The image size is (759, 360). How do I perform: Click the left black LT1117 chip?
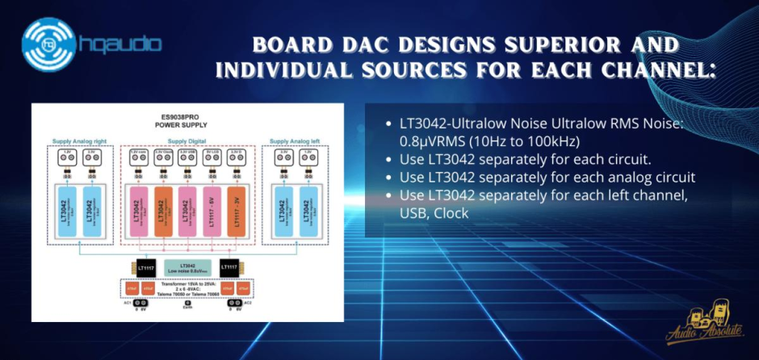[x=145, y=266]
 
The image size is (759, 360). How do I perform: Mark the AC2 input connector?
[x=234, y=305]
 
